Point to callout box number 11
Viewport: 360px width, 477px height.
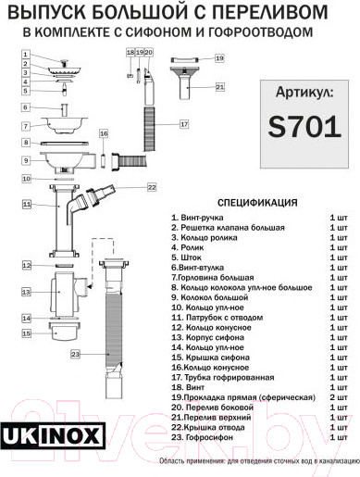[27, 204]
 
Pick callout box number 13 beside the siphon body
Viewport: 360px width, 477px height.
[27, 291]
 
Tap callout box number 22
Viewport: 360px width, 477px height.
[152, 187]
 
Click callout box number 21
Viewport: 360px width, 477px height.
[219, 87]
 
